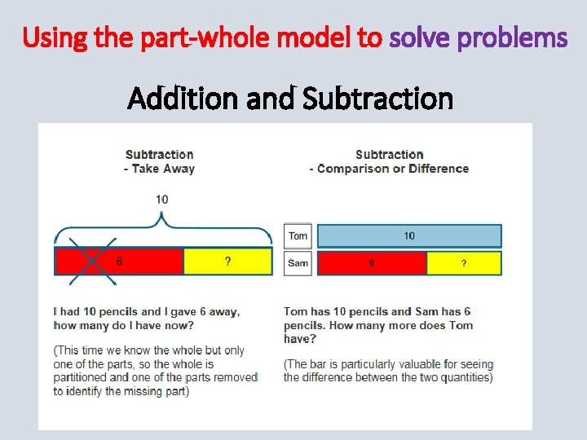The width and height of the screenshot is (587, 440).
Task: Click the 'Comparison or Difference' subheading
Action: pos(393,169)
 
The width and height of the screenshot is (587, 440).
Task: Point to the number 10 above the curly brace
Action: pos(162,200)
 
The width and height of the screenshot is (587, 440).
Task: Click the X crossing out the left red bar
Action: pos(92,262)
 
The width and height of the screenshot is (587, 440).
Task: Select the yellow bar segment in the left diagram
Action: pos(227,262)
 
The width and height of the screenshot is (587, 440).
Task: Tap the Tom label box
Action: pos(298,236)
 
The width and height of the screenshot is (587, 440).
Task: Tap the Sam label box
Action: pos(298,263)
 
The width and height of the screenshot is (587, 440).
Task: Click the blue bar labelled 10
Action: pos(408,236)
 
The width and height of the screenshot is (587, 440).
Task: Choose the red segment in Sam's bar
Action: pos(371,263)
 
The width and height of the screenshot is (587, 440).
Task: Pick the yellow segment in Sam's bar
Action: pos(463,263)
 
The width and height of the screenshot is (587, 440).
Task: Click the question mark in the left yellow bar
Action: pos(227,262)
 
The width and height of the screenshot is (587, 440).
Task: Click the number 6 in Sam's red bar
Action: pos(372,263)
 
